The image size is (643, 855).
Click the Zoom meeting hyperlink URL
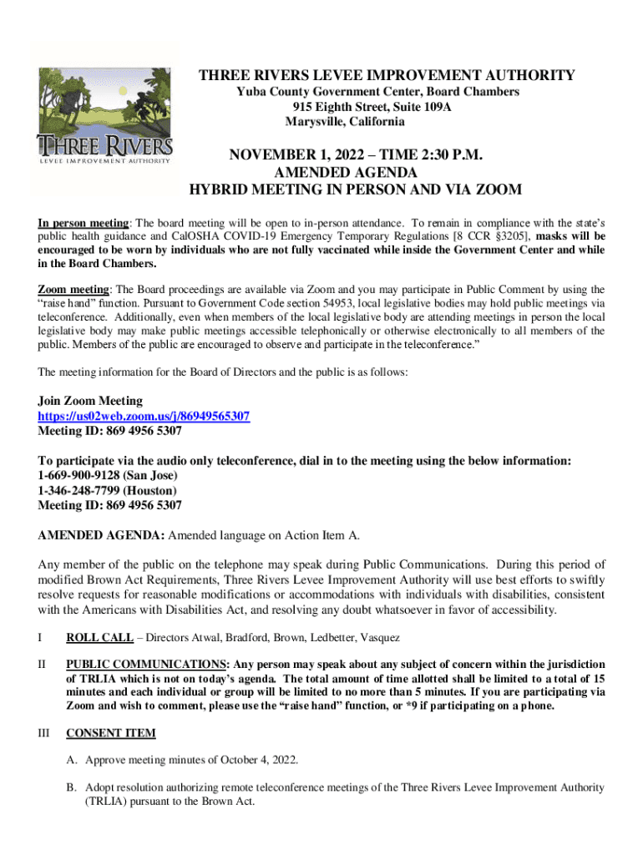click(x=144, y=416)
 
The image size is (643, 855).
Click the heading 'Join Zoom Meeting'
click(x=90, y=401)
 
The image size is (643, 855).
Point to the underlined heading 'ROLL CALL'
click(x=99, y=638)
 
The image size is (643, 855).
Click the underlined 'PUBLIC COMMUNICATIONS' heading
click(x=147, y=665)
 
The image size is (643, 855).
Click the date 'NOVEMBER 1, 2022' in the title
click(x=294, y=155)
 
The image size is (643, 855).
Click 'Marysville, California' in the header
click(x=345, y=122)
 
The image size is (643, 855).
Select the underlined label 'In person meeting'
click(x=83, y=224)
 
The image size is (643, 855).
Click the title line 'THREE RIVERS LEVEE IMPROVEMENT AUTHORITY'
click(x=387, y=76)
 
